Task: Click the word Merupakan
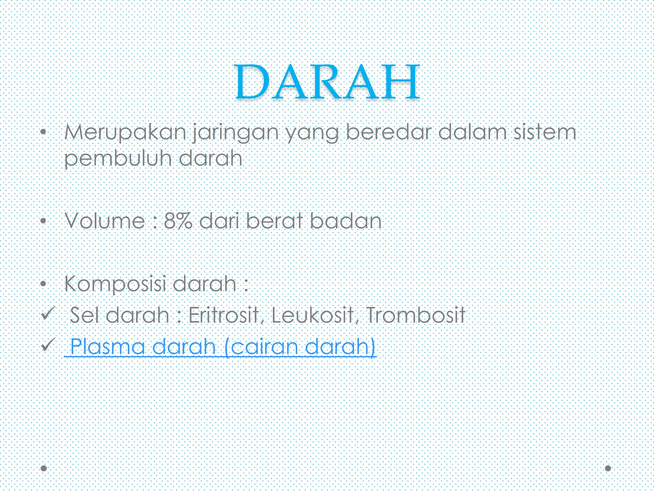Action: coord(125,132)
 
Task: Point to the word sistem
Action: coord(544,132)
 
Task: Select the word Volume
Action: coord(105,221)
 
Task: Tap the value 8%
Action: coord(178,221)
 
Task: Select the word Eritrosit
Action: coord(224,315)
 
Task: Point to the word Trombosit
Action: coord(415,315)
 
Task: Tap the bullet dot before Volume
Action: coord(44,221)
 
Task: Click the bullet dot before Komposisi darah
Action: coord(44,284)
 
